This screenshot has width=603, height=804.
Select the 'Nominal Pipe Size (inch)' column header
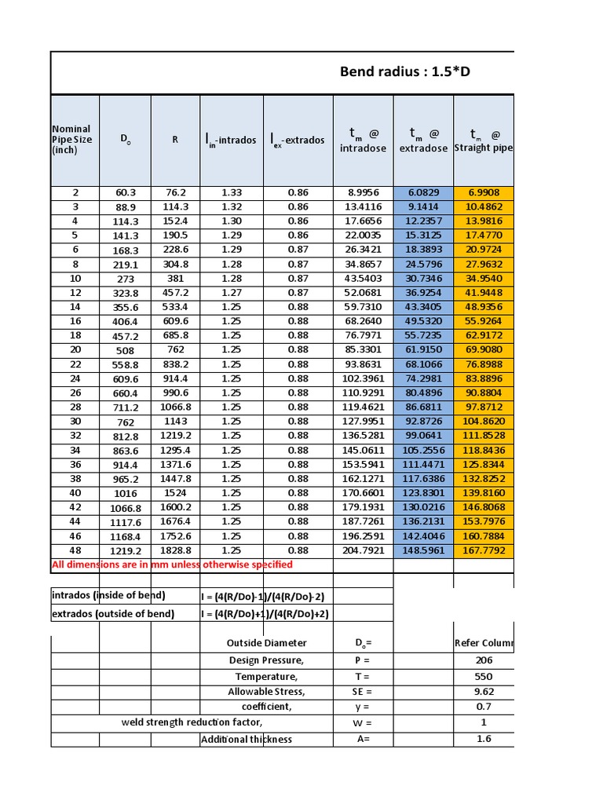point(71,140)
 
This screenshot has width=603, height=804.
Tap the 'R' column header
point(175,140)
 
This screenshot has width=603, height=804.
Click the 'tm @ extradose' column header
point(423,141)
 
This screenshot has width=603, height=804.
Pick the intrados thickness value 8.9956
point(363,192)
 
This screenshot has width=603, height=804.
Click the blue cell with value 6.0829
point(423,192)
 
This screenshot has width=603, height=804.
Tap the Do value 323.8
point(126,293)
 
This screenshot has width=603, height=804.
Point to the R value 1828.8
point(175,550)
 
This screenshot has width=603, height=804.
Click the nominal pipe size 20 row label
point(75,350)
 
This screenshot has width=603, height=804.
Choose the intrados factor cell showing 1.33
point(231,192)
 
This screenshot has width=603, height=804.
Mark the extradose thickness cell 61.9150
point(423,350)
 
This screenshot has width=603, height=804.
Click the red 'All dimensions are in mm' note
point(172,565)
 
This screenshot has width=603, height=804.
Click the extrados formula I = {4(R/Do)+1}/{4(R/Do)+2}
point(263,614)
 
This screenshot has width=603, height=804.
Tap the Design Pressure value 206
point(484,660)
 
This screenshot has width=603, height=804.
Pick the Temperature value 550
point(484,677)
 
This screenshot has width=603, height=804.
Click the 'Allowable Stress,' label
point(266,692)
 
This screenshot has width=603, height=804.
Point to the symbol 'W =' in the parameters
point(363,722)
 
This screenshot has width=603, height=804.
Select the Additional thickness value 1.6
point(484,739)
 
